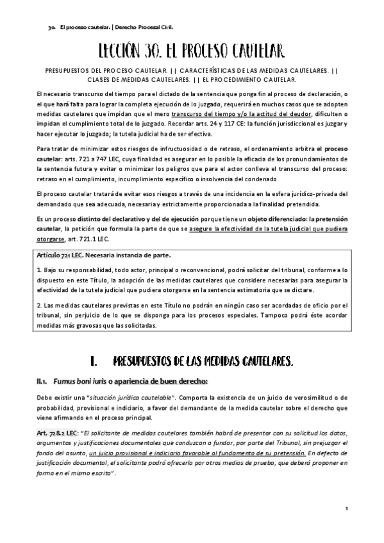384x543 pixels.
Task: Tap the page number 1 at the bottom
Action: click(346, 509)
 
